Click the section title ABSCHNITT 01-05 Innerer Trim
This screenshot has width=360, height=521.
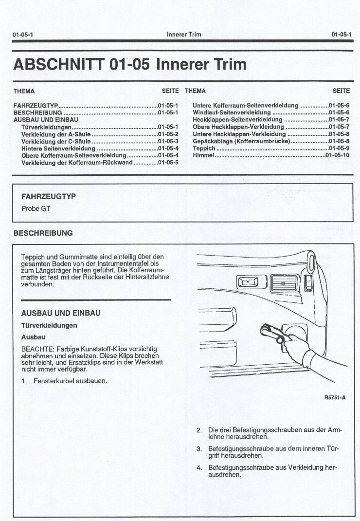tap(130, 64)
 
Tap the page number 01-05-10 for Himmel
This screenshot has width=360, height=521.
tap(337, 155)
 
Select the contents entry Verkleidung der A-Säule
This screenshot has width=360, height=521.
tap(56, 134)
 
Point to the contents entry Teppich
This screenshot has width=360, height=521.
tap(204, 149)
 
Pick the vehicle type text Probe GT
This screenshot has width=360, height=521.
tap(36, 208)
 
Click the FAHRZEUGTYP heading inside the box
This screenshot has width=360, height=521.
tap(49, 197)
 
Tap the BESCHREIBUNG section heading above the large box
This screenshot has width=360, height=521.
tap(43, 233)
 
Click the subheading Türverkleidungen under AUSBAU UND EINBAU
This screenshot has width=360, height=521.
tap(49, 325)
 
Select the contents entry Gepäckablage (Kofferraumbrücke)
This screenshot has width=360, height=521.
tap(241, 141)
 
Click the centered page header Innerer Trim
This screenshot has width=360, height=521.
tap(183, 35)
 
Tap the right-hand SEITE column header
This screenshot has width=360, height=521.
tap(341, 91)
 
